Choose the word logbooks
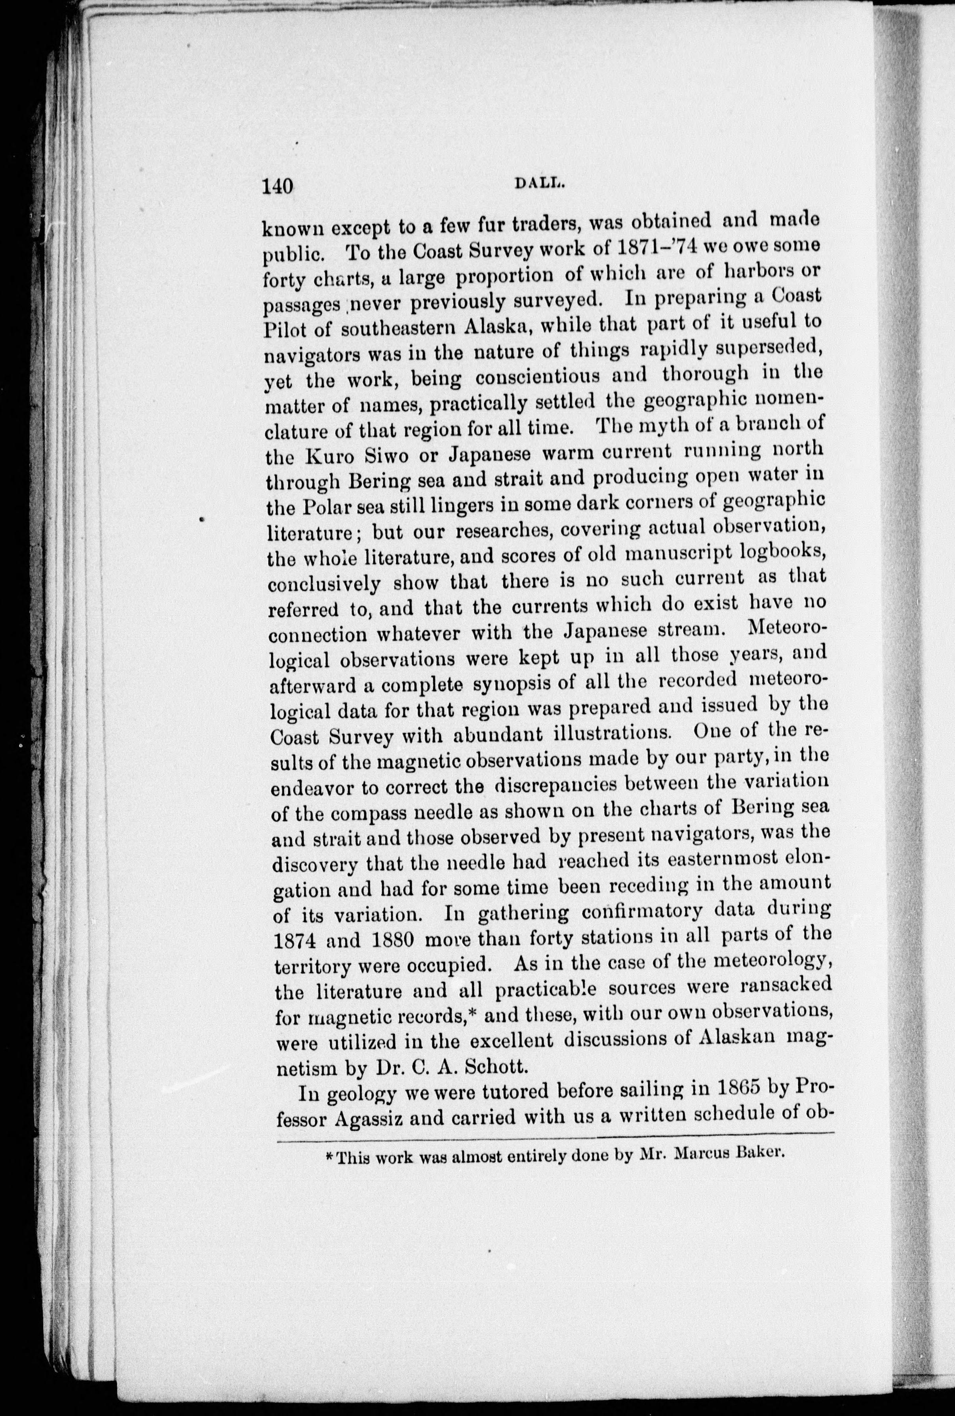[782, 550]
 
